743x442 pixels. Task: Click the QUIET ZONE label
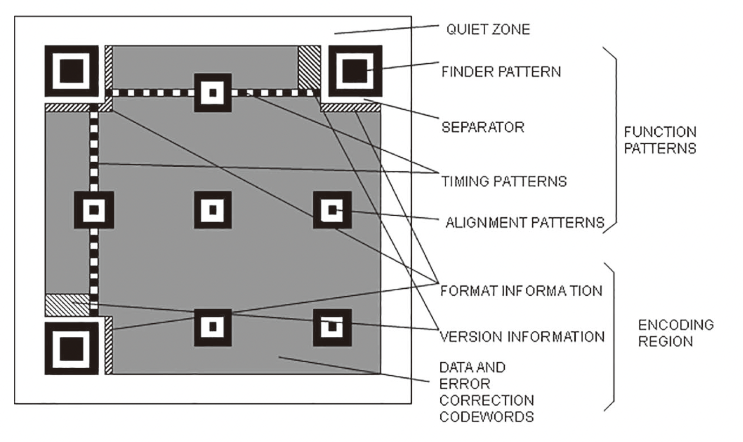coord(488,29)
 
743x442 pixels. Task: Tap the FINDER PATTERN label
coord(501,72)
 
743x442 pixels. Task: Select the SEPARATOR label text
coord(483,127)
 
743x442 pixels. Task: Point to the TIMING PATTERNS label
coord(504,181)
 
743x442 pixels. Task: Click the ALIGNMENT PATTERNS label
coord(525,223)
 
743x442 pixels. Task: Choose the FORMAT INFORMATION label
coord(521,291)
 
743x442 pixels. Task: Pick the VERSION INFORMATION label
coord(522,337)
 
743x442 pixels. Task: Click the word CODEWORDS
coord(487,417)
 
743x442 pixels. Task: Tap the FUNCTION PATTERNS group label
coord(660,140)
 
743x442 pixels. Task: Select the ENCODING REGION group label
coord(676,333)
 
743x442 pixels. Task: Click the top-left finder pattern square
coord(72,71)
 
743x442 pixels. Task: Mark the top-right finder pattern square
coord(355,71)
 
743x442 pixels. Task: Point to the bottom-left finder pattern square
coord(72,348)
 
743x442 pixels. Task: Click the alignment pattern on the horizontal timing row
coord(212,93)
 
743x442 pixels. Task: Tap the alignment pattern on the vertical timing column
coord(94,210)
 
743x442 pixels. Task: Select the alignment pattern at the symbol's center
coord(212,210)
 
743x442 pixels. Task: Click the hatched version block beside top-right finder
coord(309,67)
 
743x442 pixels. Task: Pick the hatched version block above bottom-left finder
coord(67,305)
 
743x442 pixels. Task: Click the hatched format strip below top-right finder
coord(351,108)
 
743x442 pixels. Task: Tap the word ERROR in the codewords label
coord(465,384)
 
